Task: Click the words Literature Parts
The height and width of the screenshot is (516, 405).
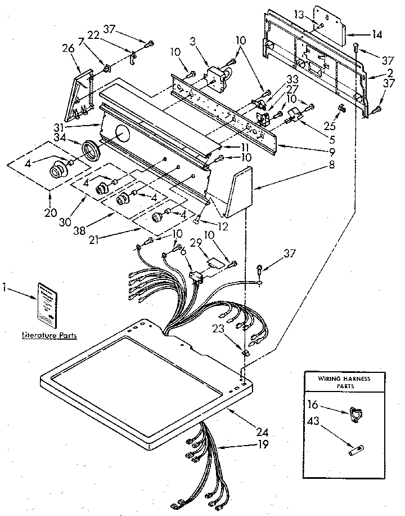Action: pos(48,335)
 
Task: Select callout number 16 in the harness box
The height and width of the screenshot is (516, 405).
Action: pos(313,404)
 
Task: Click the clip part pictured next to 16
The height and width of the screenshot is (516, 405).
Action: pos(354,414)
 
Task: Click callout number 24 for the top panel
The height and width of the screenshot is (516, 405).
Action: pos(262,433)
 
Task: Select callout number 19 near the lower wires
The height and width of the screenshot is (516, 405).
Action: pos(262,444)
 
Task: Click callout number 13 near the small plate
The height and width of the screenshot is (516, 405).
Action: pos(298,14)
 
